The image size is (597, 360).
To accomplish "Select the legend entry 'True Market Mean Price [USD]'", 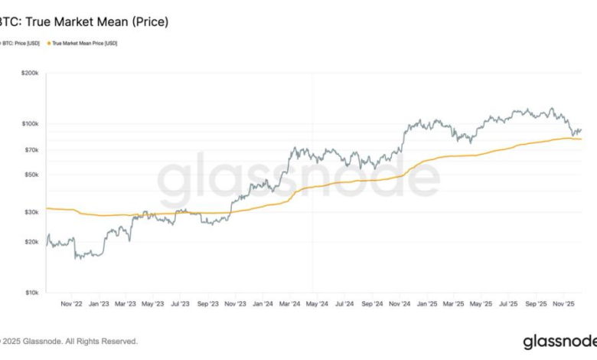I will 85,43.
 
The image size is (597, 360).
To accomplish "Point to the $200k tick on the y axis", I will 30,73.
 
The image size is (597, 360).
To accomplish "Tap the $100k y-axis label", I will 30,123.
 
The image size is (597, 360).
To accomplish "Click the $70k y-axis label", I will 31,149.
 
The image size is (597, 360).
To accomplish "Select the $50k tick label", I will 31,175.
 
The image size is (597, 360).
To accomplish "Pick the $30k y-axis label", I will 31,212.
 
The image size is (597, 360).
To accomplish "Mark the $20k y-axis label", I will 31,242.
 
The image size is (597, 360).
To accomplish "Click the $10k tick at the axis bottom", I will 31,293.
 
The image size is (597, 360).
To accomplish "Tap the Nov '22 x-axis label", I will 71,303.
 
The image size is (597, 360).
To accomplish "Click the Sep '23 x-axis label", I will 208,303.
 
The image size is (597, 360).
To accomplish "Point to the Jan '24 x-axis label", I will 263,303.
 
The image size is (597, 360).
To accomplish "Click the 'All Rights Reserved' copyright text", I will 100,341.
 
